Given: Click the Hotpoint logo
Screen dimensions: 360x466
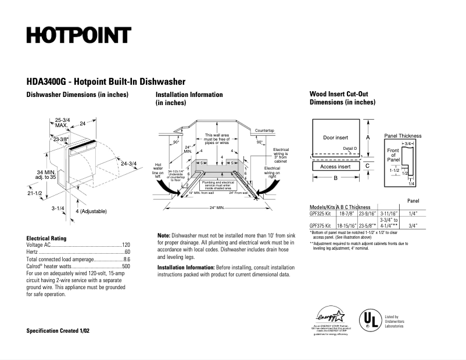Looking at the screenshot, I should coord(78,35).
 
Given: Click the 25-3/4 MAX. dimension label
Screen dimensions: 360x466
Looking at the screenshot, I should coord(62,122).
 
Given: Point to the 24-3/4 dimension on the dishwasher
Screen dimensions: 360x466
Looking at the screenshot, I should coord(128,163).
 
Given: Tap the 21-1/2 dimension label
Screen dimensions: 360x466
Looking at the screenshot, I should coord(34,193).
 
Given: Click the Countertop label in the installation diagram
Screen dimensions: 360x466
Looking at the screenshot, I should coord(264,131).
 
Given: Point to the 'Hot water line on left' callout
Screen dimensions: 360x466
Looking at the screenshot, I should coord(157,168).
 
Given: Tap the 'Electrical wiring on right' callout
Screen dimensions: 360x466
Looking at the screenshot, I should coord(273,170).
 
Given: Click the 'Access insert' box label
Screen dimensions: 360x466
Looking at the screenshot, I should coord(335,167).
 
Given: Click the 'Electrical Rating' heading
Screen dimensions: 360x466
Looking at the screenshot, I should coord(46,238).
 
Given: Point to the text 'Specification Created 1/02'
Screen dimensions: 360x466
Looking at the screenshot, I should coord(58,330).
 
